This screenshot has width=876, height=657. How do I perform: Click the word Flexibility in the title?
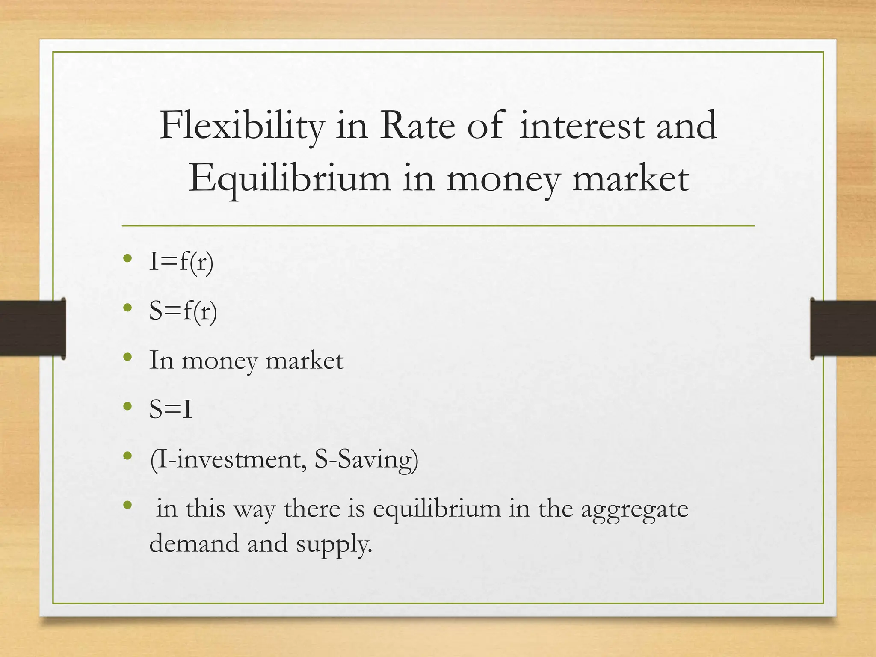coord(242,126)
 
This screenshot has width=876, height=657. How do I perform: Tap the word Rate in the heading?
coord(417,126)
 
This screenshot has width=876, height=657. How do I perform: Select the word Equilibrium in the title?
coord(290,178)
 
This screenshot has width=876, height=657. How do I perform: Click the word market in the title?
coord(630,178)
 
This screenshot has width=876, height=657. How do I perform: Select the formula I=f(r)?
coord(181,261)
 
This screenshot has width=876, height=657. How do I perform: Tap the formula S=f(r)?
coord(183,311)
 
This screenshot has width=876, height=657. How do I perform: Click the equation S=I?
coord(171,409)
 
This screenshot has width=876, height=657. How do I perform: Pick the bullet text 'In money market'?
coord(246,361)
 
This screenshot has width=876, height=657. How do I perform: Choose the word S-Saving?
coord(366,459)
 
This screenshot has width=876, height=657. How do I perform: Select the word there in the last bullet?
coord(312,509)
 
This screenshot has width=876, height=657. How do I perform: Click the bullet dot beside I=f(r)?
coord(127,258)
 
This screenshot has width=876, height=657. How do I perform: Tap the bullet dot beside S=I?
coord(127,406)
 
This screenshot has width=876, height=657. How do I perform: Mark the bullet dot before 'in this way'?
coord(127,505)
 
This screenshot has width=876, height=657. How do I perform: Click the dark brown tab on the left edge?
coord(33,328)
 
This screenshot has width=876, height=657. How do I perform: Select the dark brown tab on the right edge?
coord(843,328)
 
